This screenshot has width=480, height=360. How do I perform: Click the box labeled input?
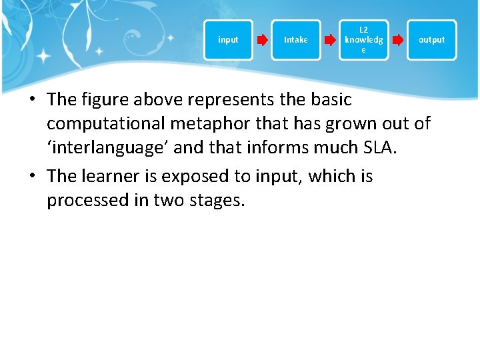228,40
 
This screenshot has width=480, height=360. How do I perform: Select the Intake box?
296,40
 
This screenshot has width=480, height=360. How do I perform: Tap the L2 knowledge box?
363,40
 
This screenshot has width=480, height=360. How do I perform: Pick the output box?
431,40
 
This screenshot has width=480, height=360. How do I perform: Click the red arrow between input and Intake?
262,40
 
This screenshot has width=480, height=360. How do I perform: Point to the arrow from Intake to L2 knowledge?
329,40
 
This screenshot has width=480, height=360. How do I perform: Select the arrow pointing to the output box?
397,40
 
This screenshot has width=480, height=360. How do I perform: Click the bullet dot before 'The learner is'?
31,177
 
